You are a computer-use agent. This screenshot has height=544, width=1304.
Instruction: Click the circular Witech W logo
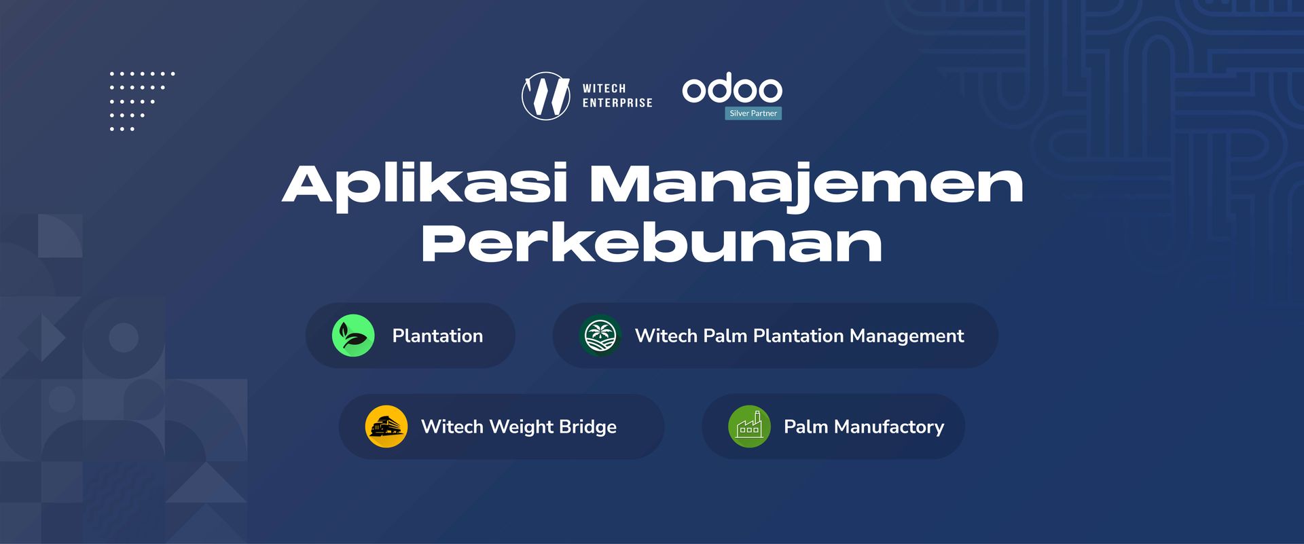(545, 96)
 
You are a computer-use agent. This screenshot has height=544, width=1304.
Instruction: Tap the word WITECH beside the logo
(604, 88)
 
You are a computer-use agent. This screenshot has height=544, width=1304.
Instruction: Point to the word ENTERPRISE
(617, 103)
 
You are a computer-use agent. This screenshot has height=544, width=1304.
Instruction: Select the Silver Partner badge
(753, 113)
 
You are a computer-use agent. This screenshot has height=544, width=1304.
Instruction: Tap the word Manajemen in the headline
(806, 185)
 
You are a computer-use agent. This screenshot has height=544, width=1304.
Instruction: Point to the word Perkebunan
(651, 242)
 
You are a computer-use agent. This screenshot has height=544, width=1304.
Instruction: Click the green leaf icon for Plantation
(353, 336)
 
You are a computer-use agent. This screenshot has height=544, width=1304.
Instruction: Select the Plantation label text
(437, 336)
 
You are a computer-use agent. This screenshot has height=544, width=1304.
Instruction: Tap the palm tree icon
(600, 336)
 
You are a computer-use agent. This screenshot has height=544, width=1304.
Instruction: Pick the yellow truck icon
(386, 427)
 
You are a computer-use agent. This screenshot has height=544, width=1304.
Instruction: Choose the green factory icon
(749, 427)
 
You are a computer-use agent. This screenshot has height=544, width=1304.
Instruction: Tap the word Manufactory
(889, 427)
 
